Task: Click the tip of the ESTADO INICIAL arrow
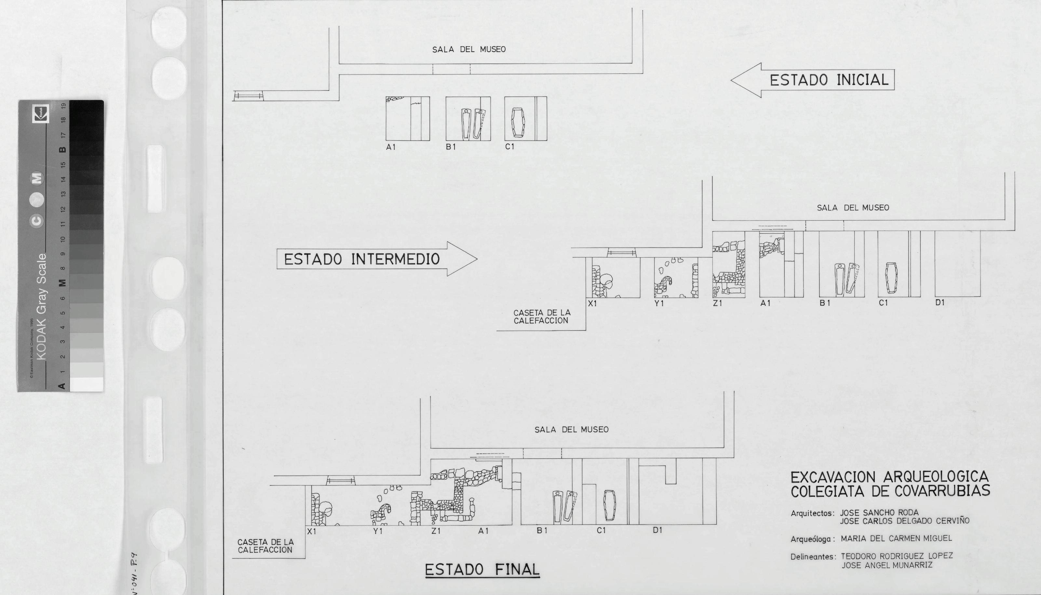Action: click(731, 80)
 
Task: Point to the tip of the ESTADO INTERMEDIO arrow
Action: click(477, 259)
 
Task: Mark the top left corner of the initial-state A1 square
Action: click(386, 97)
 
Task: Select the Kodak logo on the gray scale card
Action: click(40, 113)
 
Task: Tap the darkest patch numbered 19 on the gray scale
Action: click(86, 107)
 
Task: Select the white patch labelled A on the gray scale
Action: click(86, 384)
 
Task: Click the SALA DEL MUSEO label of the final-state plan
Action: click(572, 429)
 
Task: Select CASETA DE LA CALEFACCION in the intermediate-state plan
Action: click(542, 317)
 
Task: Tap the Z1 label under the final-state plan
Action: click(436, 531)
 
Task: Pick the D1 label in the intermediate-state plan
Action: click(940, 303)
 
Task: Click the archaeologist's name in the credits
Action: click(896, 539)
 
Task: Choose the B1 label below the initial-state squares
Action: click(451, 147)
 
